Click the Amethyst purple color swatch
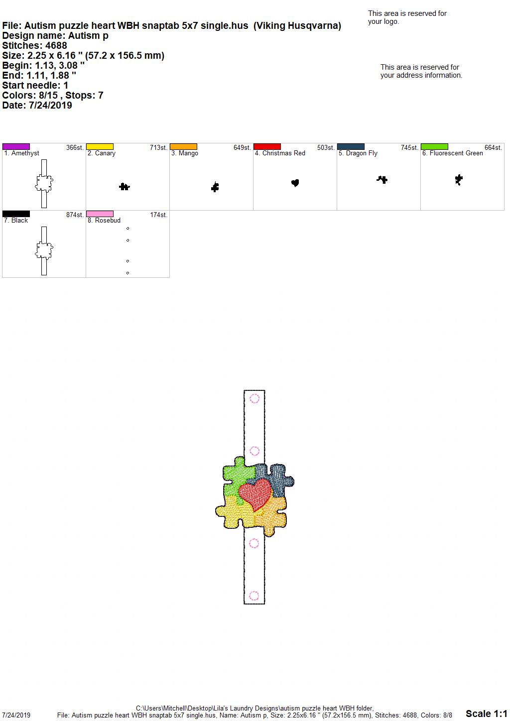(x=16, y=146)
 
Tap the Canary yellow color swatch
(x=100, y=146)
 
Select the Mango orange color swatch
(x=183, y=146)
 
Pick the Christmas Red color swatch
(x=267, y=146)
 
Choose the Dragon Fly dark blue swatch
(x=351, y=146)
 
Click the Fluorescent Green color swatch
(x=435, y=146)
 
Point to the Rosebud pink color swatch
(x=100, y=214)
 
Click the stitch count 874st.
(x=75, y=215)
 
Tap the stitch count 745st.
(x=409, y=147)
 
